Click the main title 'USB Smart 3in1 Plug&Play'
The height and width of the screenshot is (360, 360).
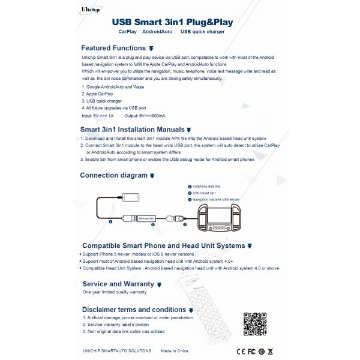[173, 23]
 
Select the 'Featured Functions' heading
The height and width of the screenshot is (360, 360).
[114, 48]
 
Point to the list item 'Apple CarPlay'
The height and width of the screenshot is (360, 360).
[98, 94]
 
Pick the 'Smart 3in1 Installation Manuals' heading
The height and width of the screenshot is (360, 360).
[133, 129]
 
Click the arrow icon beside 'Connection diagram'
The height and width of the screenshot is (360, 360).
[152, 176]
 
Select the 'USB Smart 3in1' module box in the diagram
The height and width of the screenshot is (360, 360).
[146, 218]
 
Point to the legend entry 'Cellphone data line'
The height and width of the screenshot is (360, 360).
[208, 187]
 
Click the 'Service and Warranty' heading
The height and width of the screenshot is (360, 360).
[118, 284]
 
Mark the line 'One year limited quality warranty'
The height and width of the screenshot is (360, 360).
[115, 292]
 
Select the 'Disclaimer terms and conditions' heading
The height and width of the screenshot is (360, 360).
[134, 310]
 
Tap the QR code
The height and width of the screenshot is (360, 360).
[255, 325]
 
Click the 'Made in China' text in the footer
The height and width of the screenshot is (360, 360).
[174, 350]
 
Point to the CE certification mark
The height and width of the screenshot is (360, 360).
[241, 350]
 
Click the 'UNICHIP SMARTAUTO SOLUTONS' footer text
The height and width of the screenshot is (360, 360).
[116, 350]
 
